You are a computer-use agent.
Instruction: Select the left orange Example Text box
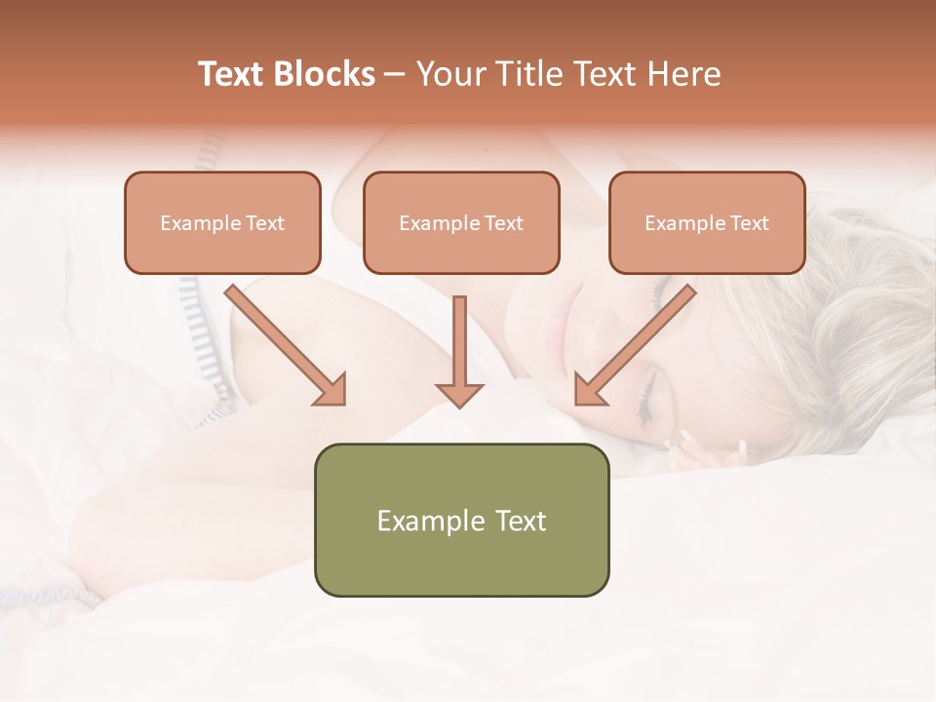222,222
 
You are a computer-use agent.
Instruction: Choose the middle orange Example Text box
461,222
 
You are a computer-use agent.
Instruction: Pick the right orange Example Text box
707,222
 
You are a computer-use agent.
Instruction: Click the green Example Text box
461,520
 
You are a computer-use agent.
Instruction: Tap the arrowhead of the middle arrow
459,393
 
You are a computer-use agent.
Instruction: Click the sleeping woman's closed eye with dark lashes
644,400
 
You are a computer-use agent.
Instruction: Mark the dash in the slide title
395,74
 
